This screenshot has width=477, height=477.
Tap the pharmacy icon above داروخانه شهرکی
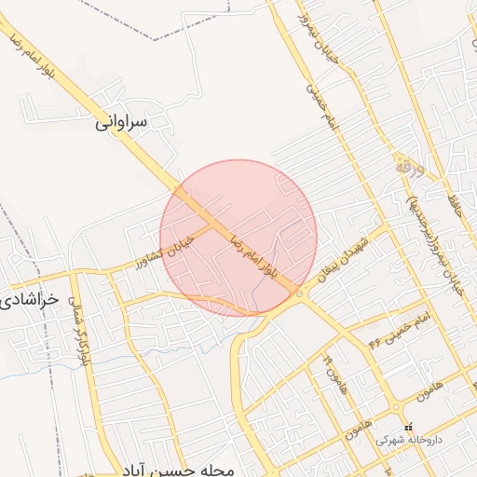(x=408, y=428)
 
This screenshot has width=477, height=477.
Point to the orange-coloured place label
(x=409, y=169)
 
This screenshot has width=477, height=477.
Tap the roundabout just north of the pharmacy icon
(x=399, y=407)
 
